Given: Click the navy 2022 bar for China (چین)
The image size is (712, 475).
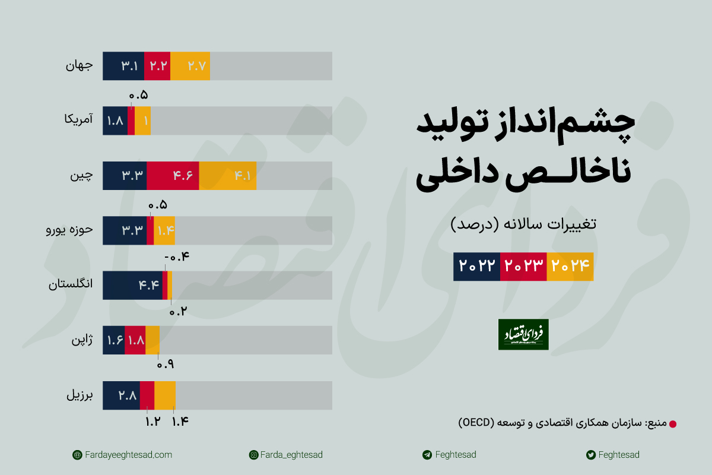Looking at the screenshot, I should pos(125,176).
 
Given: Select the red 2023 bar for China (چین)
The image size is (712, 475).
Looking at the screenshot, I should pos(173,176).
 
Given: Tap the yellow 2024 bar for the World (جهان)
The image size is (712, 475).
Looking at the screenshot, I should pos(190,66).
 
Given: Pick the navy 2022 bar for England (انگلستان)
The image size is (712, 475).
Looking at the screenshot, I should pos(132,285).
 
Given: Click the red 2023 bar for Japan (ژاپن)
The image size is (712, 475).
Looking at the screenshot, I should pos(135,340).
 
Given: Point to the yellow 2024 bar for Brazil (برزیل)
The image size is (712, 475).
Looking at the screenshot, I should pos(165,395).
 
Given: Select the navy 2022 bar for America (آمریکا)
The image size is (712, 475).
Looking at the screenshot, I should pos(115,121).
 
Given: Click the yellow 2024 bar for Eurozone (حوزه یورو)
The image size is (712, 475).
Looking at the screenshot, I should pos(164,230).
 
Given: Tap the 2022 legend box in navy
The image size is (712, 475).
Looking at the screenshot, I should pos(477,266).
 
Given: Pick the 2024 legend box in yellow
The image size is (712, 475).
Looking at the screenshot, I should pos(570,266).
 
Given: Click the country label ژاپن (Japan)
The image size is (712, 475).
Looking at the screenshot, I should pos(82,340).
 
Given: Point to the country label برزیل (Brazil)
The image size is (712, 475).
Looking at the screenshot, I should pos(79,395).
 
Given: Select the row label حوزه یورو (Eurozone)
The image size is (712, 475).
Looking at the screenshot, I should pos(69,230).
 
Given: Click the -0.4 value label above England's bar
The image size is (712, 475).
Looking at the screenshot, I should pos(175,257).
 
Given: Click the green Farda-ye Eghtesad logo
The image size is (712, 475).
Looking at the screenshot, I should pos(523,334).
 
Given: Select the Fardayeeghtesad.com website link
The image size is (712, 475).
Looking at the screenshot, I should pos(122,455).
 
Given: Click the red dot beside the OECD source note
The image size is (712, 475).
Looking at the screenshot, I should pos(672,424).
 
